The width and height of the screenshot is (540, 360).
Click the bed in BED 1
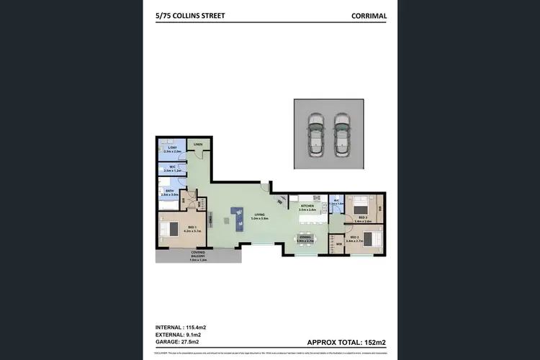[x=169, y=229]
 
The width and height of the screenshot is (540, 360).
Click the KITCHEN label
[x=307, y=207]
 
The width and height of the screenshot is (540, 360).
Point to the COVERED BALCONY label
[x=199, y=254]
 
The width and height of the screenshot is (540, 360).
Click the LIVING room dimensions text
[x=259, y=218]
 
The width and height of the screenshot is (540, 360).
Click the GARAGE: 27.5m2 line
[x=181, y=343]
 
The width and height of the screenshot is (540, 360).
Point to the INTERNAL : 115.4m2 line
[x=184, y=328]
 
